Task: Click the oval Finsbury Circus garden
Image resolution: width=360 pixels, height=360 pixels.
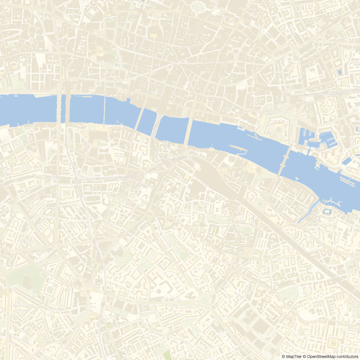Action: point(198,7)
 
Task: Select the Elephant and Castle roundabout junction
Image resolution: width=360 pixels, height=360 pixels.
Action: point(88,283)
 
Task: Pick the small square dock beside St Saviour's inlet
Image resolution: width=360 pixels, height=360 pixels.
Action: point(327,211)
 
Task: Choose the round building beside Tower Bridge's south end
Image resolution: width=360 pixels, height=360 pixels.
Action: point(259,170)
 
